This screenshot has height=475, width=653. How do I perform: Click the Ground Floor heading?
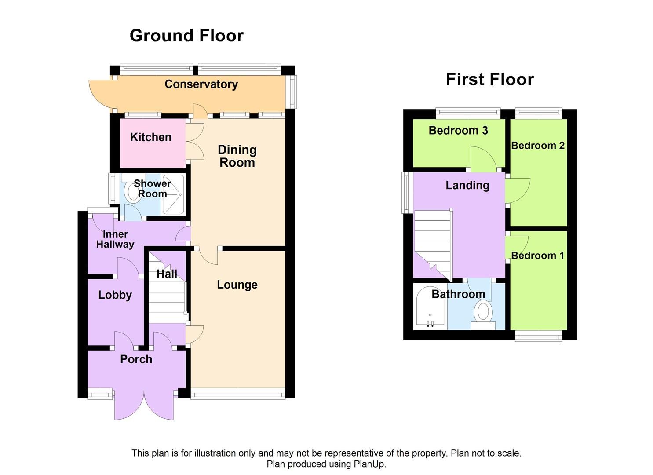pos(186,36)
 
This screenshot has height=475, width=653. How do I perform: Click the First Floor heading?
pos(489,80)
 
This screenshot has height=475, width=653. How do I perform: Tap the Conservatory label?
pos(201,84)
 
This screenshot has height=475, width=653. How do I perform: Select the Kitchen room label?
pos(150,137)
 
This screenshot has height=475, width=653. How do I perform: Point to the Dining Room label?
pos(237,156)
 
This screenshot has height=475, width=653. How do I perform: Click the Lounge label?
pos(237,285)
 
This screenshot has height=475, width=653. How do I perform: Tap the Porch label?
pos(136,359)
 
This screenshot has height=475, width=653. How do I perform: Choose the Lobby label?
pos(115,295)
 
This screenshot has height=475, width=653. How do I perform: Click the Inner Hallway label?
pos(115,239)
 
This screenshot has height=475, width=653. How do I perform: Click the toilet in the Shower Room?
pos(131,193)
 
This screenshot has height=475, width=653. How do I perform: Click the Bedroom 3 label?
pos(458,131)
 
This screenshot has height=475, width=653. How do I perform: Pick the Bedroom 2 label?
pos(537,146)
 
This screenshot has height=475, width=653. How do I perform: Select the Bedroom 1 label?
pos(537,256)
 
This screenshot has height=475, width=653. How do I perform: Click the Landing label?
pos(467,185)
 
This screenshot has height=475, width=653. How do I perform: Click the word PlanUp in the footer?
pos(369,464)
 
